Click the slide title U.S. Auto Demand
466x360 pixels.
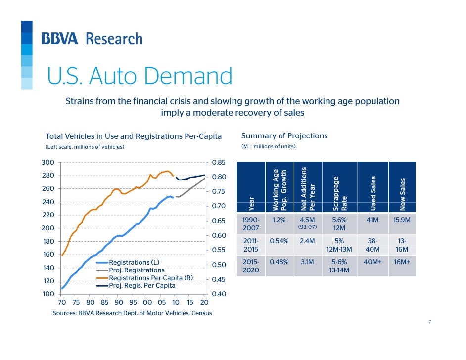pos(139,76)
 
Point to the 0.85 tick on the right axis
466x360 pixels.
pos(218,162)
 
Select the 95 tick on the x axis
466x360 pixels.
pos(133,302)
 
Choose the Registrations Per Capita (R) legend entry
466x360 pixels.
pos(150,278)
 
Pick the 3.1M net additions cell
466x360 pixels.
pos(308,262)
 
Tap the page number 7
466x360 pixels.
pos(429,322)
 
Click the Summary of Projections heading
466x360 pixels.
pos(284,136)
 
